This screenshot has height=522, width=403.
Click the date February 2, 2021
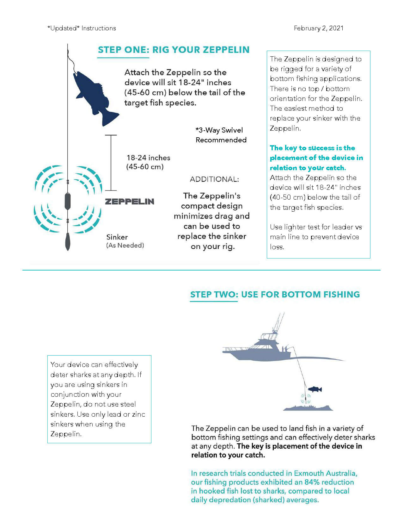coord(318,28)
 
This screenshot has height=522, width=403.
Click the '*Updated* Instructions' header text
coord(82,28)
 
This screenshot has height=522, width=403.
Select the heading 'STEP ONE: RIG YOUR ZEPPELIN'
coord(174,50)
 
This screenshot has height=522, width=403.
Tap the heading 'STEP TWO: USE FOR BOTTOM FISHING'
coord(275,294)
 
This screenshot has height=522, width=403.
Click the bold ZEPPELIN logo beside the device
coord(129,202)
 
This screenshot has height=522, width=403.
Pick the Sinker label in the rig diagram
coord(117,237)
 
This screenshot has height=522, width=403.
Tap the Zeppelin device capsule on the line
coord(68,201)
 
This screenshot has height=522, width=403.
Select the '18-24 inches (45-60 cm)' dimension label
coord(148,162)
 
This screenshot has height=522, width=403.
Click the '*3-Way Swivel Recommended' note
coord(221,135)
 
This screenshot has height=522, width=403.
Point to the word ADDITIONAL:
coord(214,179)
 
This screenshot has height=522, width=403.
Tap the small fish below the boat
coord(315,389)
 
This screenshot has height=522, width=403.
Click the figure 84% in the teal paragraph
coord(312,482)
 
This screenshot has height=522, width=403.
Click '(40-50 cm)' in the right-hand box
coord(287,197)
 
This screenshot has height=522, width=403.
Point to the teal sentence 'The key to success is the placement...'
coord(316,158)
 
